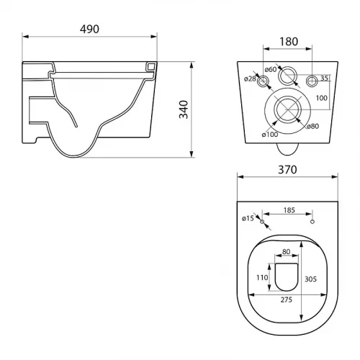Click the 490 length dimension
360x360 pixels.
click(89, 30)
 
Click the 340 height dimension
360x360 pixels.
click(184, 109)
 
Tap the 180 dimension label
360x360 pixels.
click(289, 42)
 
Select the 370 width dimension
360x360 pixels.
click(287, 170)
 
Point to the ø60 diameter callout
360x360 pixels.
click(271, 70)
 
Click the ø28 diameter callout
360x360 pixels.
click(250, 78)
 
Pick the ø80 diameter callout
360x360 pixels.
click(313, 126)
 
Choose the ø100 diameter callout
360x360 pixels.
click(270, 135)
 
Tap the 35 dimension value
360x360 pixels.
click(324, 78)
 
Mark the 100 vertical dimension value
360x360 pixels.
click(322, 98)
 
